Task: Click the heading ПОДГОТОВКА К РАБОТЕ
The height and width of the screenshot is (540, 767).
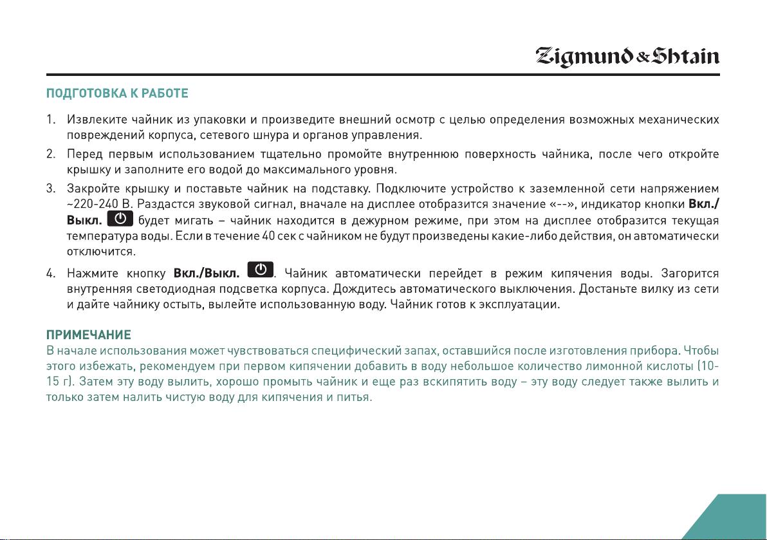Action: [x=117, y=94]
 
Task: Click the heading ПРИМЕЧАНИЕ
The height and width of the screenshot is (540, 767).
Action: [x=89, y=335]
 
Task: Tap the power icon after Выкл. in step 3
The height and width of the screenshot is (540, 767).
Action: [x=120, y=219]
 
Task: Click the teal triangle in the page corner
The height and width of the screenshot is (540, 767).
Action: [x=740, y=521]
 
